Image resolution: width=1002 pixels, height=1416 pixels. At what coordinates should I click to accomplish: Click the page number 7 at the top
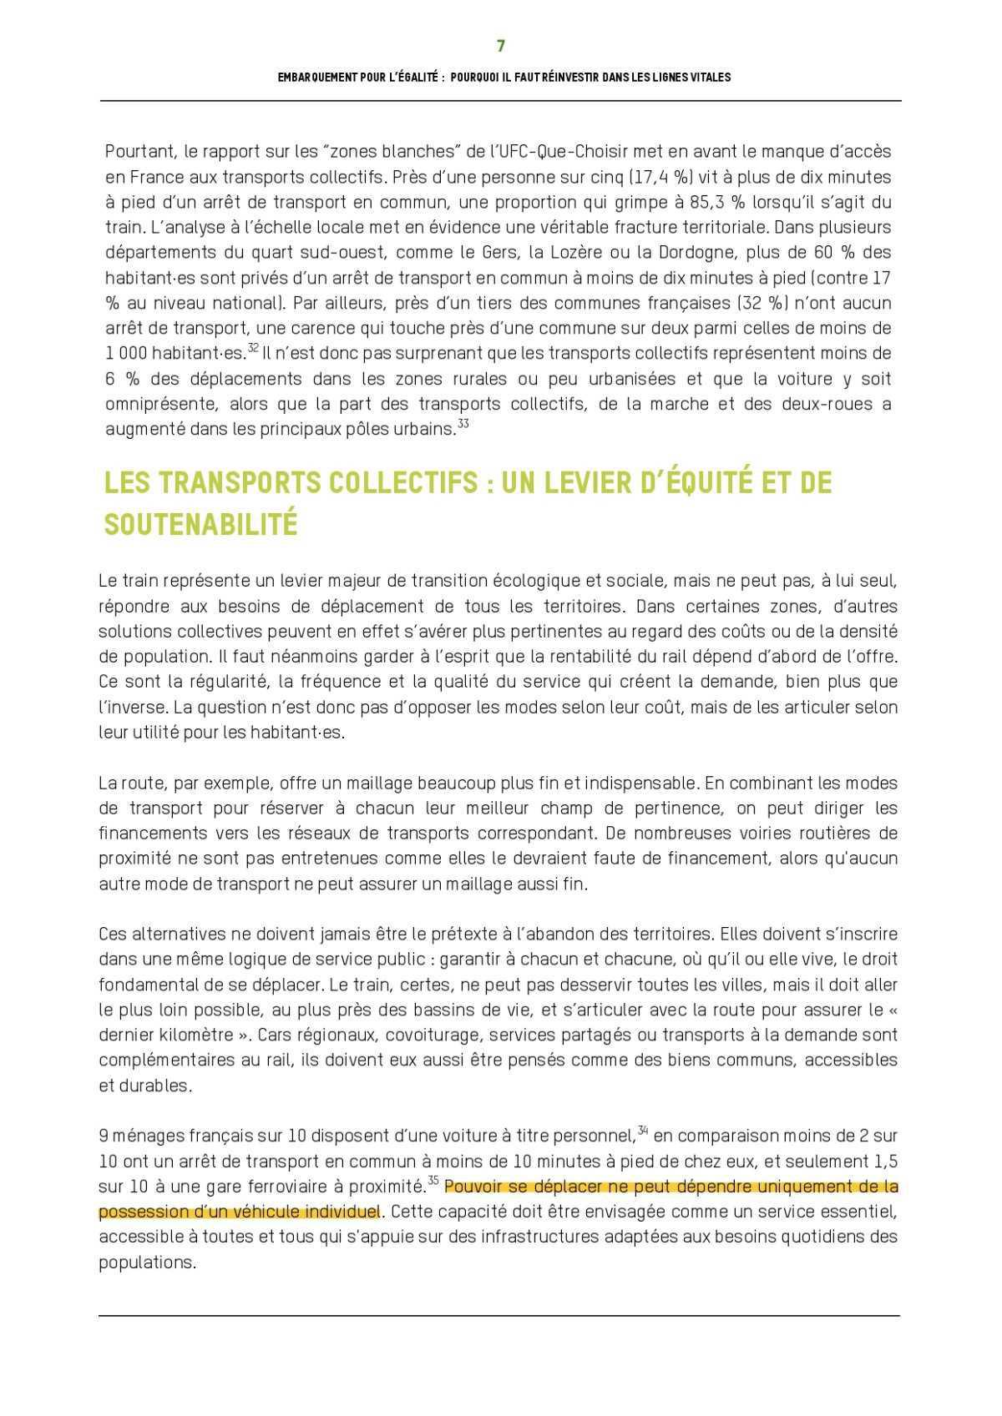click(500, 46)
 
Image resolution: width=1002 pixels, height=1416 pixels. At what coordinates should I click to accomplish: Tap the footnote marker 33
click(463, 424)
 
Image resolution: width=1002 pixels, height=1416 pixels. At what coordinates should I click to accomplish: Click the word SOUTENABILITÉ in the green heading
click(200, 524)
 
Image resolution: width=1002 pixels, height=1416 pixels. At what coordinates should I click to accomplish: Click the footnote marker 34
click(643, 1131)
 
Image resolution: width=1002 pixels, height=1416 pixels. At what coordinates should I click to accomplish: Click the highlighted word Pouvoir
click(472, 1187)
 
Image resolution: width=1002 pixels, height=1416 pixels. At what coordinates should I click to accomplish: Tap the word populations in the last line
click(146, 1262)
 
